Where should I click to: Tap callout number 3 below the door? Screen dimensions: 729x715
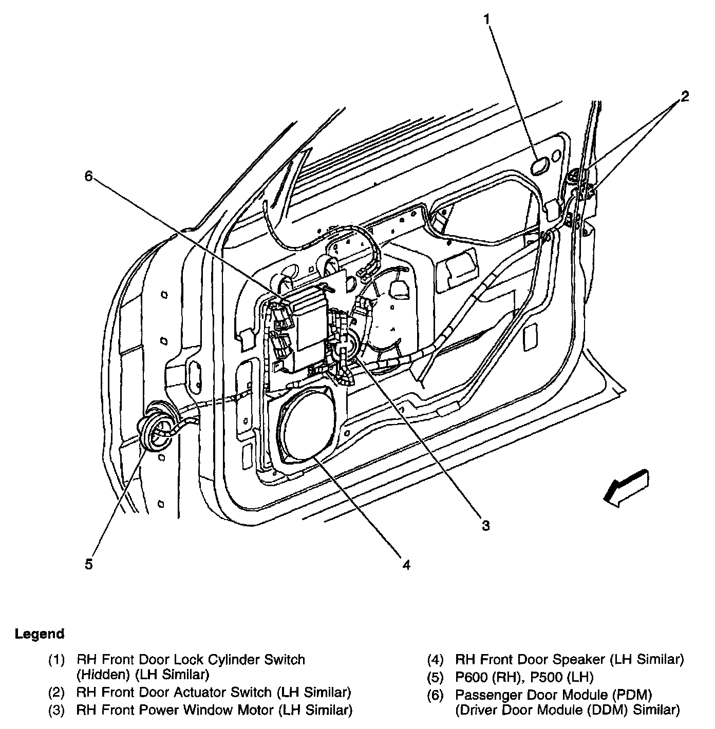[485, 525]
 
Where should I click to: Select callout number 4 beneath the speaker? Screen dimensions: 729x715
[406, 565]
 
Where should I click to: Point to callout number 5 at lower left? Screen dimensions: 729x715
[89, 564]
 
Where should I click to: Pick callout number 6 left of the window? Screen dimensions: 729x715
[89, 176]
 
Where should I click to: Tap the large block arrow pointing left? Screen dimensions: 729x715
[626, 487]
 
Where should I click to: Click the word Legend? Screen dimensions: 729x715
[40, 634]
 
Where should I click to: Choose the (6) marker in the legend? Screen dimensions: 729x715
[435, 695]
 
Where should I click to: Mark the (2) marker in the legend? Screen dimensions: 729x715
[57, 692]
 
